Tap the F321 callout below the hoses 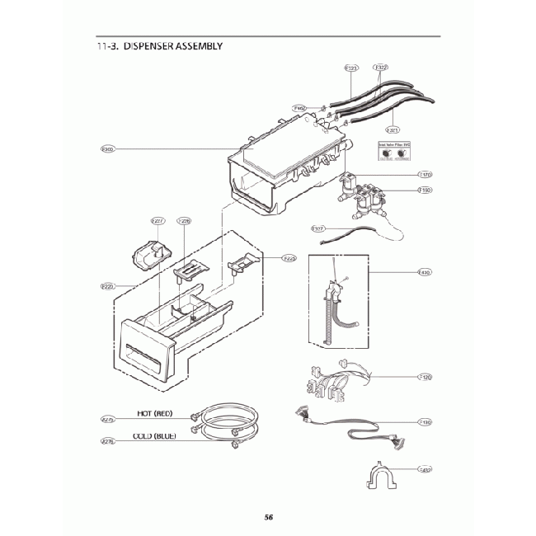pos(393,129)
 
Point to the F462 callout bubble pos(299,108)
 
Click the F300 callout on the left pos(108,149)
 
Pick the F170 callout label pos(426,175)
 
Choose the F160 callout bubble pos(426,190)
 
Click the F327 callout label pos(317,228)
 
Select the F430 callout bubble pos(426,272)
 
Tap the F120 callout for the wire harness pos(426,377)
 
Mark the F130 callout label pos(426,422)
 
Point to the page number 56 pos(269,517)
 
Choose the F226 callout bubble pos(185,221)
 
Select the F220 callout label pos(108,286)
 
